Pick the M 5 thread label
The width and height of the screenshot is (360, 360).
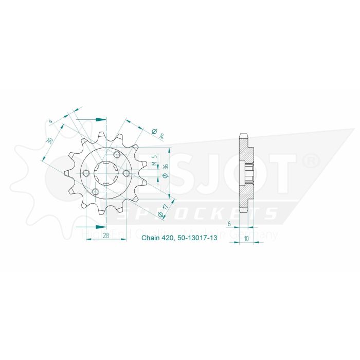point(154,161)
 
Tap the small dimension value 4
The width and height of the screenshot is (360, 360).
point(51,122)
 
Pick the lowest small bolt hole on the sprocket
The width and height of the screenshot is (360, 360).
point(95,192)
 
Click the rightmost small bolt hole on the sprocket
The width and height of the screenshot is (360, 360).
point(125,174)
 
